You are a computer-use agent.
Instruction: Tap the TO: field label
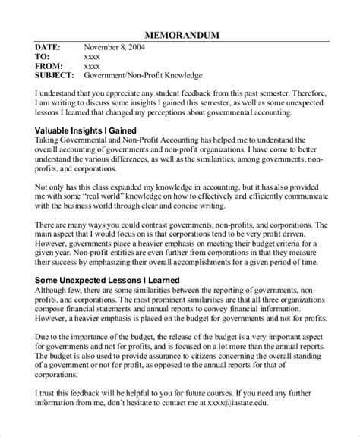(43, 56)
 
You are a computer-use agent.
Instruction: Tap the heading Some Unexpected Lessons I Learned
(107, 280)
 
